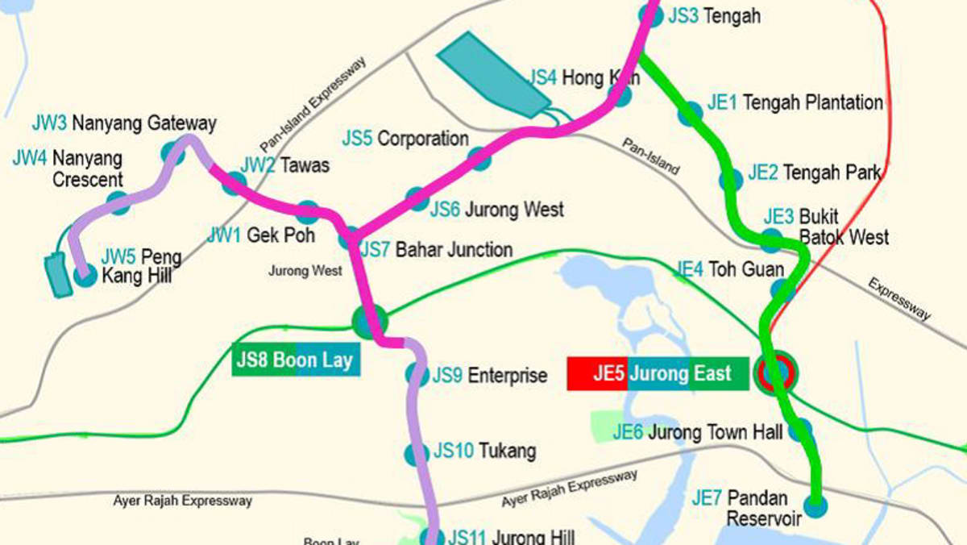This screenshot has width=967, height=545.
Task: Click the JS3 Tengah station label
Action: [x=714, y=16]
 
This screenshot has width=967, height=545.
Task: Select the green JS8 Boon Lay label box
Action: [x=296, y=360]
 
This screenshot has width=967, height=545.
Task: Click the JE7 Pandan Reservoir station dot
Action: [x=817, y=506]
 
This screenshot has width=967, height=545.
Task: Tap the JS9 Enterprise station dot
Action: [x=417, y=374]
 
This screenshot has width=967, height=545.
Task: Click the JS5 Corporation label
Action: [x=405, y=139]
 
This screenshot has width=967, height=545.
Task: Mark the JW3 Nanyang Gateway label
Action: [x=124, y=123]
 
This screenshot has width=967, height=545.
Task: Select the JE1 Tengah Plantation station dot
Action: [x=690, y=114]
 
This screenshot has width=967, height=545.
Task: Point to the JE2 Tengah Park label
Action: [x=814, y=173]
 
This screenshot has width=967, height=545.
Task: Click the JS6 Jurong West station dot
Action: [x=416, y=198]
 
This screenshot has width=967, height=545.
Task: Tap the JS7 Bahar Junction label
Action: [x=436, y=249]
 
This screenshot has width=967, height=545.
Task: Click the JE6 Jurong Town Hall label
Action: [x=697, y=433]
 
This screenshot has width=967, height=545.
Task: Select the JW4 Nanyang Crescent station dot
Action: [x=118, y=202]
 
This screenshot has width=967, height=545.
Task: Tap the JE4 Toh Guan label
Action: [x=730, y=269]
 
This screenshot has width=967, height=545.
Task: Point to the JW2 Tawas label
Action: [x=285, y=165]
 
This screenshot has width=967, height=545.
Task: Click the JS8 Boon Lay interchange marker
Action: [x=370, y=322]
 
